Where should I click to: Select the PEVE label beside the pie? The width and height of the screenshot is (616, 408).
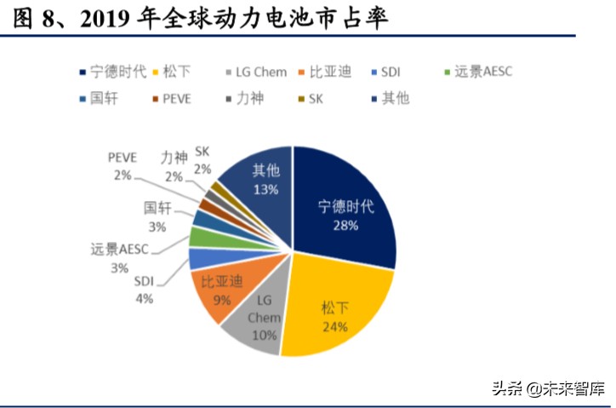point(123,158)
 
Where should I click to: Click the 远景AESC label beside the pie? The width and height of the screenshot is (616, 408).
point(119,250)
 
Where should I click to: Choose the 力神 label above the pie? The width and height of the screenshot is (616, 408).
point(174,158)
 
